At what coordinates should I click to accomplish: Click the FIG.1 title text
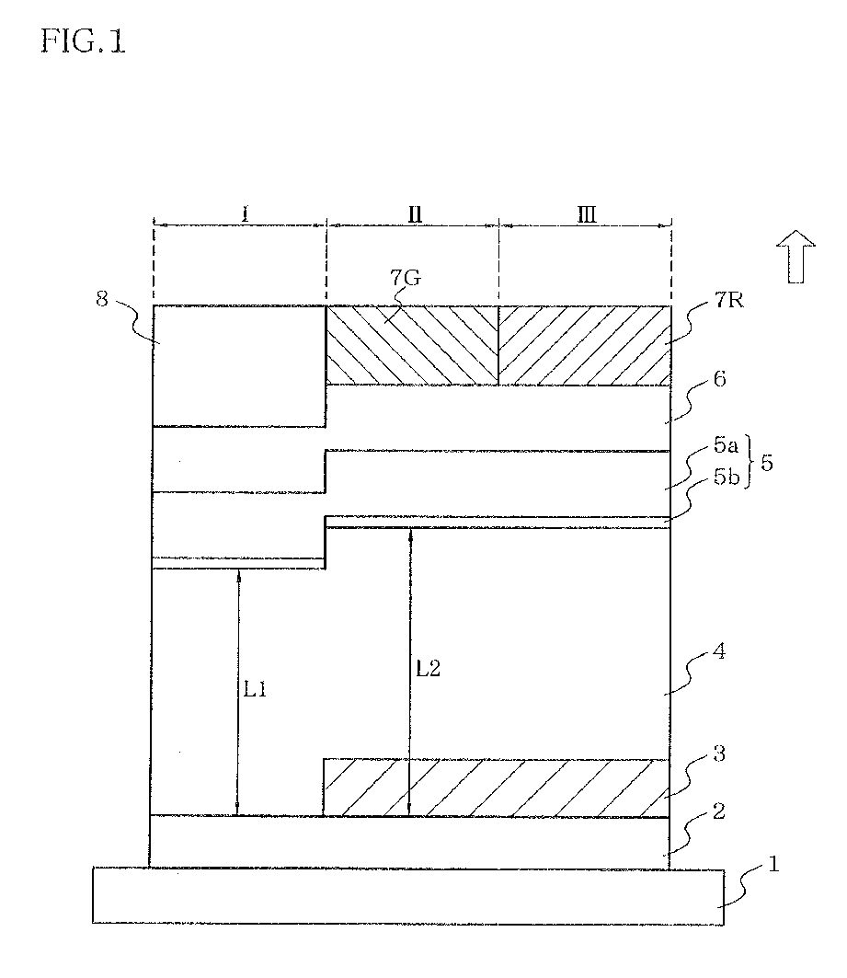[x=83, y=41]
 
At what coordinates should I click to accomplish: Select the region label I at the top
[x=245, y=214]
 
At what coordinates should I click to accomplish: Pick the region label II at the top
[x=415, y=214]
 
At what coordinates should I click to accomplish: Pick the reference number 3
[x=721, y=755]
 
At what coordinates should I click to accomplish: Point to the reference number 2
[x=721, y=811]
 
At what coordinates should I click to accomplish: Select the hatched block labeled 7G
[x=412, y=345]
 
